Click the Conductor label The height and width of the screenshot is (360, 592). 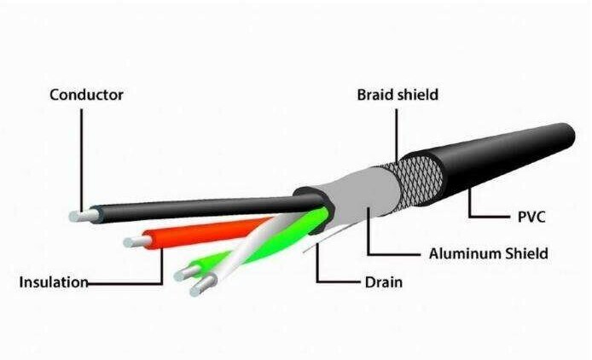point(86,95)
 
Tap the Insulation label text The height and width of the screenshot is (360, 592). point(54,282)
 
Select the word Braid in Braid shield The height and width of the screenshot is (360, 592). point(375,95)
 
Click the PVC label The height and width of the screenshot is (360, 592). point(531,218)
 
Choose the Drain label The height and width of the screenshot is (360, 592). point(384,282)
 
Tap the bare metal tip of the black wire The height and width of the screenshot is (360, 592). point(84,216)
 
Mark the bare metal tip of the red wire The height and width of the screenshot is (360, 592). point(137,241)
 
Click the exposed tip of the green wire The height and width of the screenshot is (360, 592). point(187,273)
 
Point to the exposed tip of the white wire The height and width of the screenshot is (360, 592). point(203,285)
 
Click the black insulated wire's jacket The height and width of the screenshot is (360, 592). point(207,208)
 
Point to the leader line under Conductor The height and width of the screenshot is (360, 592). point(81,160)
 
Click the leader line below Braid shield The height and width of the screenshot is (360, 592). point(397,136)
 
